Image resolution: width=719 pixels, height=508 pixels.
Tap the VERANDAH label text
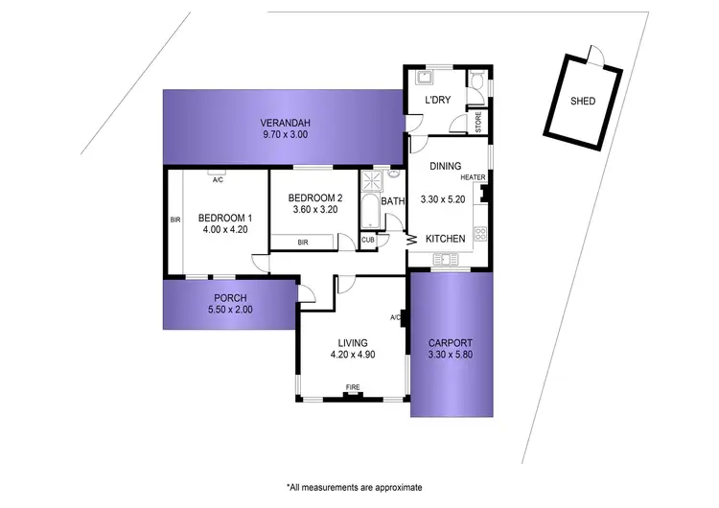282,123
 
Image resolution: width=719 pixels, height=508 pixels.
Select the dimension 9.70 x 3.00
282,136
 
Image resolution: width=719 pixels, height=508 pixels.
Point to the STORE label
478,123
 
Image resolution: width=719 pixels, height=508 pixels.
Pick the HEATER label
474,178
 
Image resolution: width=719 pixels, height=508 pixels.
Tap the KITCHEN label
446,239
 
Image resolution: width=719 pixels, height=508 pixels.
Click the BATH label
393,201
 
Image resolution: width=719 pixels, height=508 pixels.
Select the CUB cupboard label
368,240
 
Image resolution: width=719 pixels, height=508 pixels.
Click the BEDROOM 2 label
316,198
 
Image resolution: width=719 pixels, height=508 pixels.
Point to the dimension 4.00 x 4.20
225,230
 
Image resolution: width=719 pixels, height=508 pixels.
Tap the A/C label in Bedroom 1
218,179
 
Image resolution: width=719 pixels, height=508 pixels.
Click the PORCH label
231,296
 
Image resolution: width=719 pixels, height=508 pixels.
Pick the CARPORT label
451,342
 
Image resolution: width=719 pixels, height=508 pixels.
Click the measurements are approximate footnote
354,487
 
